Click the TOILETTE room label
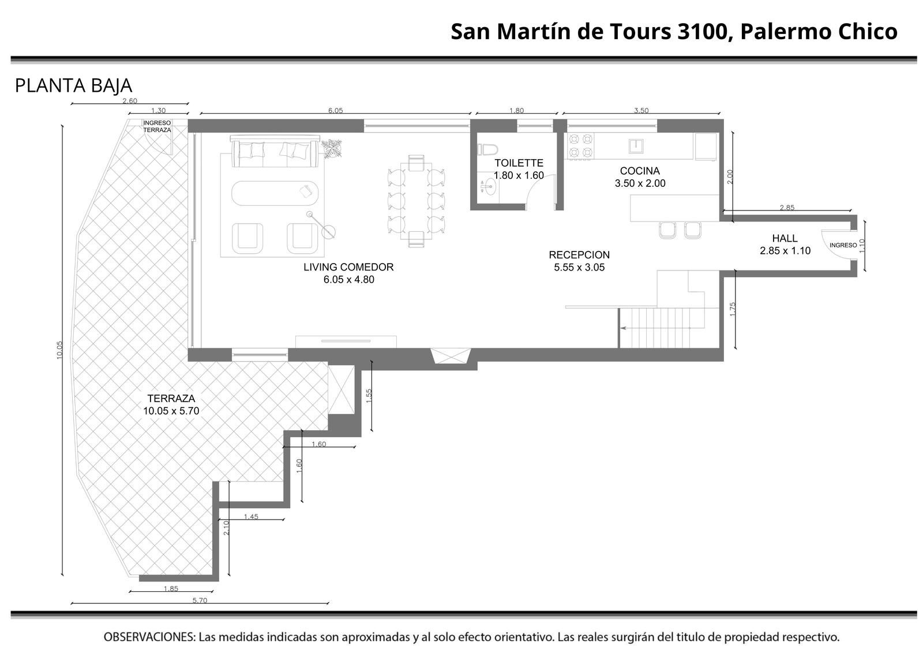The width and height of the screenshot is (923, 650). coord(519,163)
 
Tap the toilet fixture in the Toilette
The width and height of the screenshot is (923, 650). coord(488,149)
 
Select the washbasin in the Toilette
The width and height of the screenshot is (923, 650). coord(489,187)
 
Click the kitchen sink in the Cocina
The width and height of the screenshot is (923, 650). coord(636,146)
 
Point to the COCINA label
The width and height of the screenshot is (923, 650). coord(640,171)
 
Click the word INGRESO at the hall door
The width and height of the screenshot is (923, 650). coord(843,245)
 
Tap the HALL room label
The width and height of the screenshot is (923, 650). coord(785,238)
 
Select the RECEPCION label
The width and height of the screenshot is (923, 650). coord(579,255)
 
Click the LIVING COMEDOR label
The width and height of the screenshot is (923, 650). coord(348,267)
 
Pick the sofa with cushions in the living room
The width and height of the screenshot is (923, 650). coord(275,151)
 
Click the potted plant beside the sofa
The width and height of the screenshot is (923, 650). coord(332,148)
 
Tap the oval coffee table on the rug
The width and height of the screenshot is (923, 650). coord(275,193)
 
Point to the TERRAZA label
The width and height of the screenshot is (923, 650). coord(171,399)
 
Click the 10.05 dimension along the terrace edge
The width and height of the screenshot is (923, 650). coord(60,350)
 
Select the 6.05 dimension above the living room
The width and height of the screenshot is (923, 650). coord(335,110)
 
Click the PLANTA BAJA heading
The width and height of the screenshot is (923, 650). coord(74,86)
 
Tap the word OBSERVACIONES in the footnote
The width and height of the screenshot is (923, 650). coord(149,637)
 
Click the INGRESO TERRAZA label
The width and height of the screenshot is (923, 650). coord(157,126)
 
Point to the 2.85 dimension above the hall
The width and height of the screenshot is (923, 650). coord(787,208)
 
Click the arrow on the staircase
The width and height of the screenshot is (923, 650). coord(655,328)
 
